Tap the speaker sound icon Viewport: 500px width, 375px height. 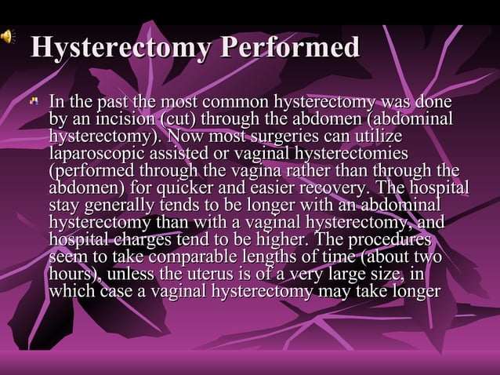coord(7,35)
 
